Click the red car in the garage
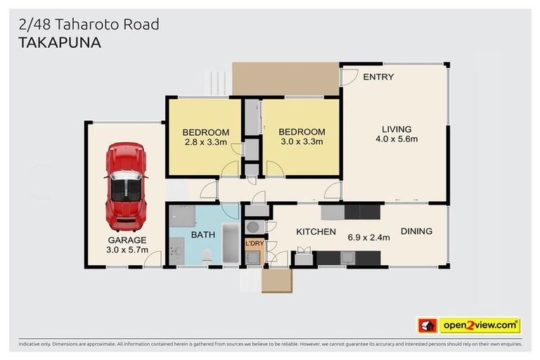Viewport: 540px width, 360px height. (x=126, y=186)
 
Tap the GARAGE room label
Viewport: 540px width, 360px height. (x=127, y=240)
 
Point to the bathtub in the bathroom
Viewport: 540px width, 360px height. (x=231, y=243)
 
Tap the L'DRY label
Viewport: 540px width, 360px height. (x=253, y=243)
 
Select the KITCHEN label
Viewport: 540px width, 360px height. (x=315, y=232)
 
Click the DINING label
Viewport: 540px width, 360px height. (x=416, y=231)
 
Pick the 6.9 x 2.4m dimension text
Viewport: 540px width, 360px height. (x=368, y=238)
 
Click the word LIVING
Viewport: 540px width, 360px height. (x=397, y=129)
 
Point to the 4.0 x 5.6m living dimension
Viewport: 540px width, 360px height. (x=397, y=139)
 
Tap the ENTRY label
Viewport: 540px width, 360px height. (x=378, y=77)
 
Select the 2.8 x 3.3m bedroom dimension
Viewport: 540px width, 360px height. (x=205, y=142)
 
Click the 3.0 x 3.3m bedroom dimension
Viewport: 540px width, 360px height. (x=302, y=142)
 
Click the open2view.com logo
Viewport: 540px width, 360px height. (x=479, y=326)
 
